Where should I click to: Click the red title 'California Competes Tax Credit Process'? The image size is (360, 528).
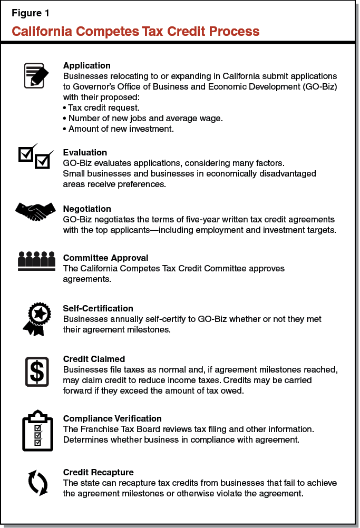pos(135,31)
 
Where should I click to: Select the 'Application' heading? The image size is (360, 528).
pos(86,66)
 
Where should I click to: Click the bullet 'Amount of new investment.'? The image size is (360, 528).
pos(118,129)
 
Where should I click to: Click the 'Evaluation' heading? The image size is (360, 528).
pos(85,153)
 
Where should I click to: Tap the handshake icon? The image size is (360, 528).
pos(36,211)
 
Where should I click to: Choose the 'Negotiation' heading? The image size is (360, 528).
pos(87,209)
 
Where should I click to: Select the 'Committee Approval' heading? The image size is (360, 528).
pos(105,258)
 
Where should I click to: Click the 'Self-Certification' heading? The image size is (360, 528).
pos(98,308)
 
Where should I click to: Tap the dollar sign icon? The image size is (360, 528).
pos(36,371)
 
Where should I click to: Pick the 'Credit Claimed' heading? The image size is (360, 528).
pos(94,359)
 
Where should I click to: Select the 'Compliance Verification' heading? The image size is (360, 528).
pos(112,418)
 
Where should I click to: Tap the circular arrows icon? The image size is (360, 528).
pos(37,482)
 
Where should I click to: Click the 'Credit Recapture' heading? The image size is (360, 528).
pos(98,472)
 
